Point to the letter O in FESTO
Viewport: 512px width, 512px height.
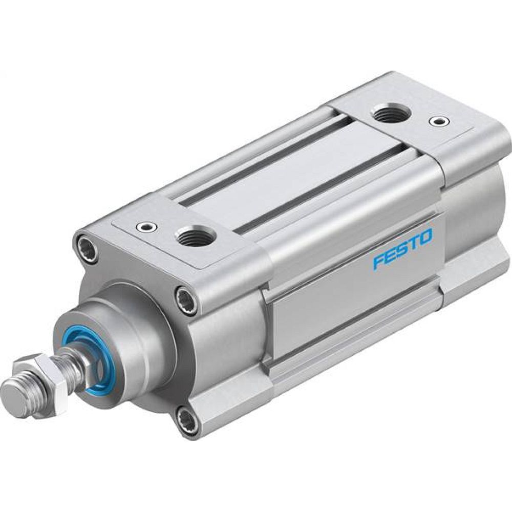pos(425,237)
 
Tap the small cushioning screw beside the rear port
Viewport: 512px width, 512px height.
pos(436,122)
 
